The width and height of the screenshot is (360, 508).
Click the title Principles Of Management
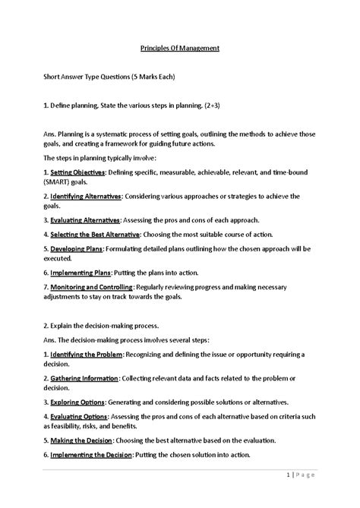(180, 48)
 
